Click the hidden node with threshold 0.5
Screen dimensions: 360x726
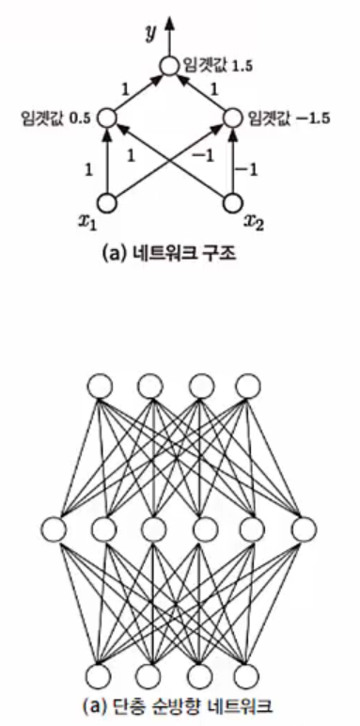[106, 118]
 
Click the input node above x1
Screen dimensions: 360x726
[106, 200]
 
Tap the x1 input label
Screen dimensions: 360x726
[89, 224]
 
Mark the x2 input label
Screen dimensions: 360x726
[253, 222]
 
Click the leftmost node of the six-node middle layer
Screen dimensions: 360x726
[54, 528]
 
